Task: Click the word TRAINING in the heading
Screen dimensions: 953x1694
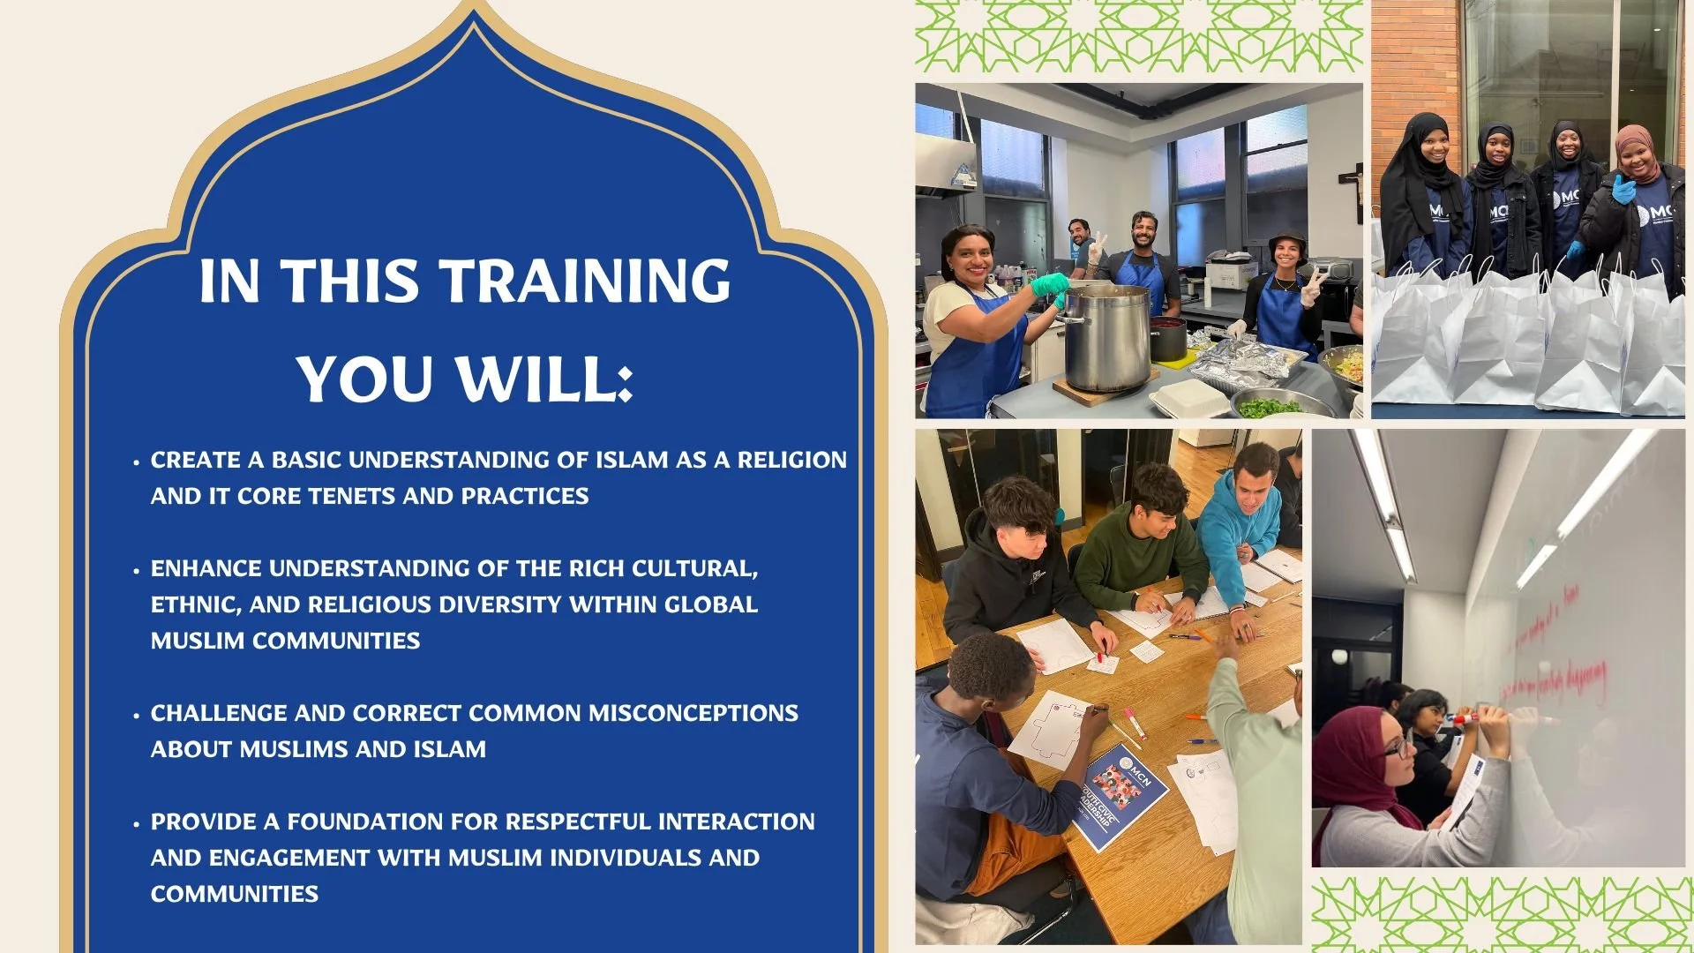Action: (585, 281)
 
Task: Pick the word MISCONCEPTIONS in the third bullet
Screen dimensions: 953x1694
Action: (693, 713)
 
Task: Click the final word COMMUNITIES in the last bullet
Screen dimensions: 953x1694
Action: (234, 894)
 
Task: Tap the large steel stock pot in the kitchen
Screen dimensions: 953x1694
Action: (1106, 335)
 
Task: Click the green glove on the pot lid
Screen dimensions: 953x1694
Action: (1050, 283)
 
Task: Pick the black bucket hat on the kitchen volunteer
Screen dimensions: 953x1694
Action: (1287, 241)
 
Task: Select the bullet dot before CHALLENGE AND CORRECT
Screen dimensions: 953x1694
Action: (136, 716)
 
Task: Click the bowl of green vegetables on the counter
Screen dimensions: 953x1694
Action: (1270, 406)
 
